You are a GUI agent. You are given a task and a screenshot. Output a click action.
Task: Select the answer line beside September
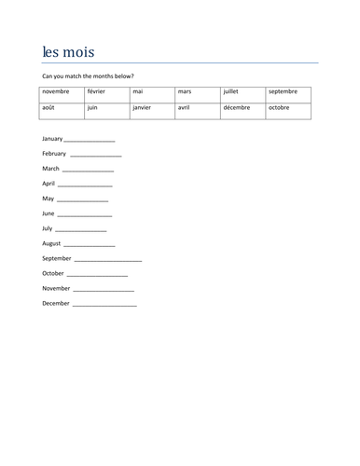coord(107,260)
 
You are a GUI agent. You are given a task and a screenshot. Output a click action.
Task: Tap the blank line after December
coord(104,305)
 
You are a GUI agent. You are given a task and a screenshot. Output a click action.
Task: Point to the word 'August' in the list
coord(52,243)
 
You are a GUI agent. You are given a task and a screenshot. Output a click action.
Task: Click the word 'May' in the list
coord(48,199)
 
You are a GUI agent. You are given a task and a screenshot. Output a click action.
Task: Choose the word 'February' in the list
coord(54,153)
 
